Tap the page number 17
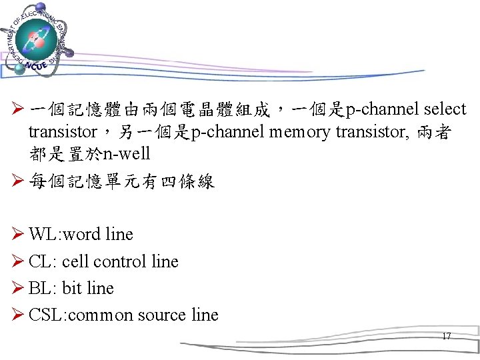(x=447, y=336)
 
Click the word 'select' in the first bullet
(x=445, y=109)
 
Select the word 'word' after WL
(x=84, y=235)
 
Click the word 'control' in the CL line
(x=121, y=261)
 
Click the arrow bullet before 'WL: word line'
(x=19, y=235)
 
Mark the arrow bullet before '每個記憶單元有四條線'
(x=19, y=181)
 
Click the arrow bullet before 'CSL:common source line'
(x=19, y=315)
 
